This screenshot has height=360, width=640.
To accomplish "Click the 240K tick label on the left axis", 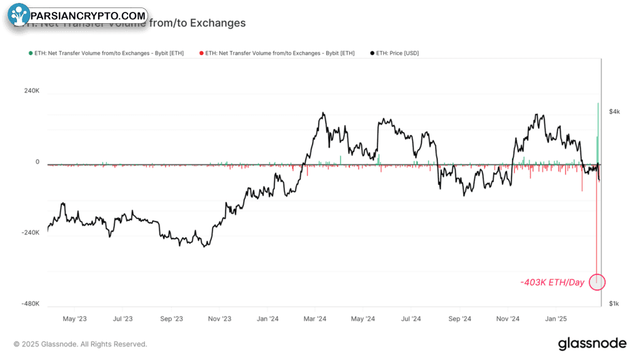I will pyautogui.click(x=32, y=91).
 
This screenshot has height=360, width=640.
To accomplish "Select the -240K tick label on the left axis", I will pyautogui.click(x=31, y=232).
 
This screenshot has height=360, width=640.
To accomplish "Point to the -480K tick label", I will pyautogui.click(x=31, y=304).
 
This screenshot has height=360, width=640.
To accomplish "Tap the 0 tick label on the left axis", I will pyautogui.click(x=37, y=162).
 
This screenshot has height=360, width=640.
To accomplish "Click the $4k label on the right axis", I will pyautogui.click(x=615, y=111).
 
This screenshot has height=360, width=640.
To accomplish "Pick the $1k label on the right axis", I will pyautogui.click(x=615, y=304).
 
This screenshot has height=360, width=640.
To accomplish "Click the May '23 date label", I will pyautogui.click(x=75, y=319).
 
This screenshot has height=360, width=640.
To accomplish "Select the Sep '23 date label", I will pyautogui.click(x=171, y=319).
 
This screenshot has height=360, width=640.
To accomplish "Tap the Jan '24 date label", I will pyautogui.click(x=267, y=319).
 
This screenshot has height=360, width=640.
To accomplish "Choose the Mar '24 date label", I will pyautogui.click(x=315, y=319).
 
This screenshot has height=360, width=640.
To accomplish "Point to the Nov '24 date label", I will pyautogui.click(x=508, y=319).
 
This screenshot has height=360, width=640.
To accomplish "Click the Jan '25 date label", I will pyautogui.click(x=556, y=319).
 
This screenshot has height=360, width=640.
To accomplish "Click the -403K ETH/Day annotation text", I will pyautogui.click(x=552, y=282).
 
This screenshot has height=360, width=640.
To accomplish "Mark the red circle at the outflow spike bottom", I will pyautogui.click(x=597, y=282).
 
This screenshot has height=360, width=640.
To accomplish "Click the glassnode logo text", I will pyautogui.click(x=591, y=343).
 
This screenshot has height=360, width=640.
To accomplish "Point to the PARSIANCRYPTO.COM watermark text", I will pyautogui.click(x=88, y=16).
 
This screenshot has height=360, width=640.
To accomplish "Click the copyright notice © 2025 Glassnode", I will pyautogui.click(x=81, y=344).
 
